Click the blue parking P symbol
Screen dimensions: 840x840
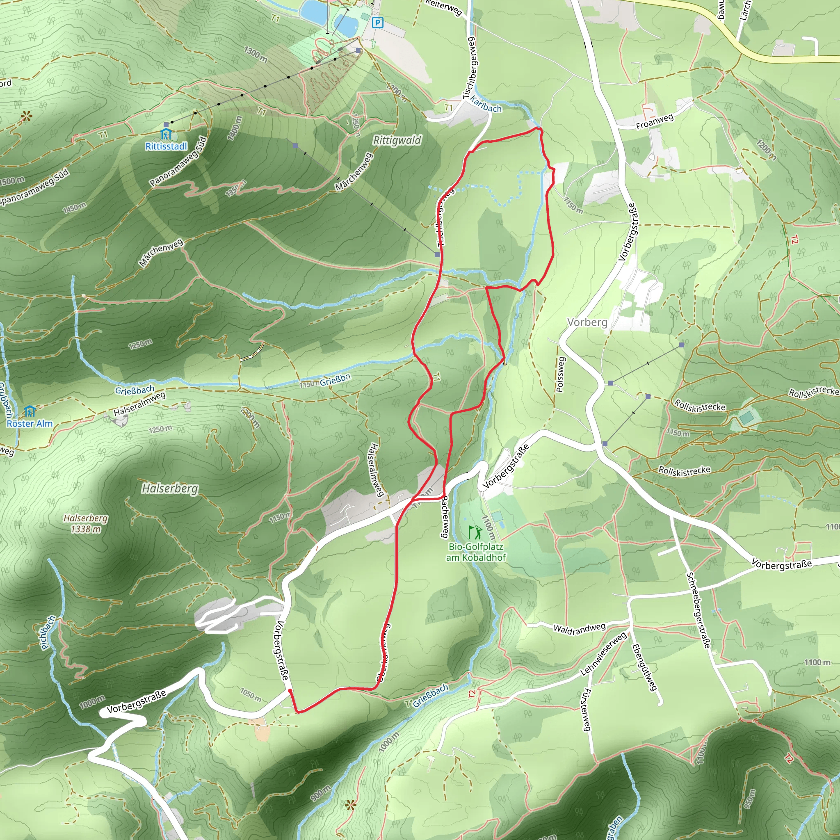pyautogui.click(x=378, y=23)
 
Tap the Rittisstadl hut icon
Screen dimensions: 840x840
pyautogui.click(x=166, y=134)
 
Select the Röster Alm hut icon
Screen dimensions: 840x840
pyautogui.click(x=30, y=411)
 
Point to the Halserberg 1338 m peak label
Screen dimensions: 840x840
pyautogui.click(x=86, y=523)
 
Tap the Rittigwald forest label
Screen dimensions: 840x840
pyautogui.click(x=397, y=140)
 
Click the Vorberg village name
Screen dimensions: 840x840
pyautogui.click(x=587, y=322)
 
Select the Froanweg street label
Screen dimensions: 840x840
pyautogui.click(x=654, y=122)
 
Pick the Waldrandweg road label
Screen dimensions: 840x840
pyautogui.click(x=579, y=628)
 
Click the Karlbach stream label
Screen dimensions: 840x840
pyautogui.click(x=486, y=104)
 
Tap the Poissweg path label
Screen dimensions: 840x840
pyautogui.click(x=560, y=374)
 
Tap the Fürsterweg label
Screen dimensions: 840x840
pyautogui.click(x=586, y=710)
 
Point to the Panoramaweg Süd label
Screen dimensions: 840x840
pyautogui.click(x=178, y=161)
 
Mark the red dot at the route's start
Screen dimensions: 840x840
pyautogui.click(x=290, y=690)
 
